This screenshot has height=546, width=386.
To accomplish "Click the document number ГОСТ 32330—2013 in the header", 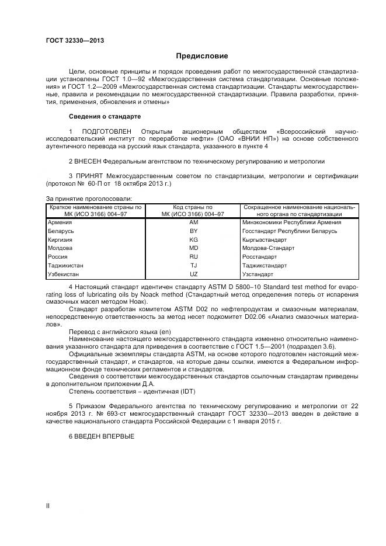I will (71, 41).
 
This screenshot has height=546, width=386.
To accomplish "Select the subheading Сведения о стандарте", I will (105, 116).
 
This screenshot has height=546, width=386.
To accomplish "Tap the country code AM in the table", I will (194, 222).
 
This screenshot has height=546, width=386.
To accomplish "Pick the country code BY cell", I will (194, 231).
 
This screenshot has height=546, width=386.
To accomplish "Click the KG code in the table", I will (194, 239).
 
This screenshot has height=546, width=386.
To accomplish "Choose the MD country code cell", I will (194, 248).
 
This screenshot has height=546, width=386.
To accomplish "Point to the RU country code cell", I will (194, 256).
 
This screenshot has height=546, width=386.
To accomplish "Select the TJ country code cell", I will (194, 265).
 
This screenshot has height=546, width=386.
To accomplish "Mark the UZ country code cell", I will (194, 273).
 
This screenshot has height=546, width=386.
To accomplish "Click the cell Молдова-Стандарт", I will (268, 248).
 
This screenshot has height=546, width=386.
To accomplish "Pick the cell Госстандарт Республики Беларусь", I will (290, 231).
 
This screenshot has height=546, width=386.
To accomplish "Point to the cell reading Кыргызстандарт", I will (265, 239).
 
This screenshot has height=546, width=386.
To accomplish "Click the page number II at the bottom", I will (48, 506).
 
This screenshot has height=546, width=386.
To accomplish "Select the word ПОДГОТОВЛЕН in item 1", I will (104, 130).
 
